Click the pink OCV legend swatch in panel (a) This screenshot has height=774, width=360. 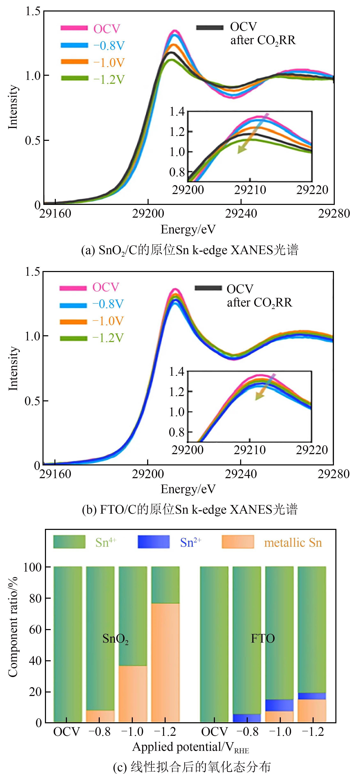tap(74, 28)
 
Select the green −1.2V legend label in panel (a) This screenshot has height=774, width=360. tap(109, 80)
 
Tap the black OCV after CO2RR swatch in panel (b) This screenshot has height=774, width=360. tap(208, 288)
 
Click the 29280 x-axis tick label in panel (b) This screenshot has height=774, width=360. tap(334, 474)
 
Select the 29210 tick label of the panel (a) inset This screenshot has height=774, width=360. tap(250, 190)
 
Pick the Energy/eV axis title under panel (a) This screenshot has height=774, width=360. tap(188, 229)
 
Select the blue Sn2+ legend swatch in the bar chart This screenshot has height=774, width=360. tap(154, 542)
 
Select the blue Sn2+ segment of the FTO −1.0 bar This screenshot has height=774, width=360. tap(279, 705)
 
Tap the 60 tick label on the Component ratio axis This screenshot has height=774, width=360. tap(35, 629)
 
